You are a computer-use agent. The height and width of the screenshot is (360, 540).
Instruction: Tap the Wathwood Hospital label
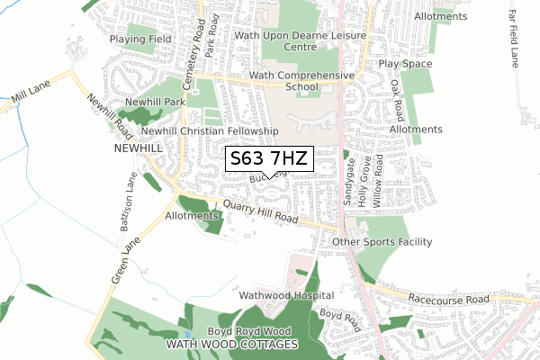point(286,295)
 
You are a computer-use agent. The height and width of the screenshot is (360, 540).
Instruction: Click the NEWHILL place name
point(138,147)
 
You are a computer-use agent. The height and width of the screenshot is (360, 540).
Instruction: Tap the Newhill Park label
point(154,103)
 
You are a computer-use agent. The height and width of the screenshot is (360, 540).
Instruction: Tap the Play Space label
point(405,64)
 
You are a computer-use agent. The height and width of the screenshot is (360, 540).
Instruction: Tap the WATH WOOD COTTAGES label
point(232,345)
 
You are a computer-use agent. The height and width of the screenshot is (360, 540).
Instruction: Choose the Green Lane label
point(127,260)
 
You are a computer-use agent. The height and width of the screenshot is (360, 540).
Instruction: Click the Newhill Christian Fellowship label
point(209,130)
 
